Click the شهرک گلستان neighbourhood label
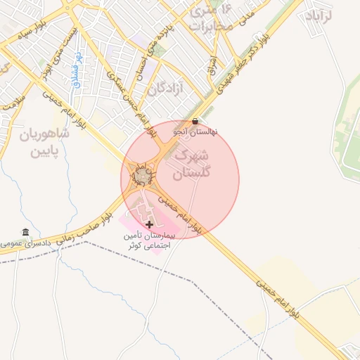(x=190, y=164)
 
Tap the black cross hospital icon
(x=149, y=224)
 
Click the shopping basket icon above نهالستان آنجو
(x=195, y=121)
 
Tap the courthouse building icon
(x=26, y=233)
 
